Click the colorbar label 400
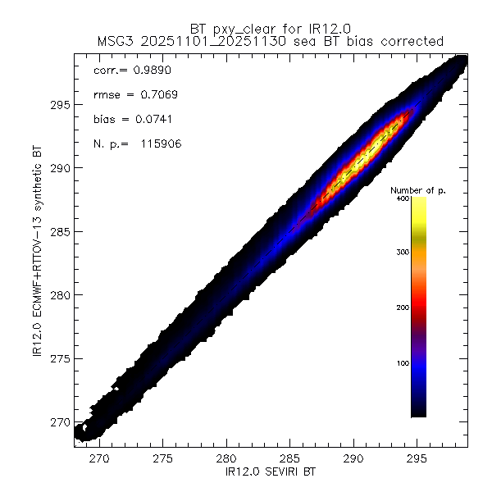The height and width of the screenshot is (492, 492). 402,198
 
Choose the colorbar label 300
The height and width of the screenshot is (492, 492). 402,253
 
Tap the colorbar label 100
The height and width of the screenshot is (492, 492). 402,362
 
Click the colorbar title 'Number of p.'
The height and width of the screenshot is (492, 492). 417,189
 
